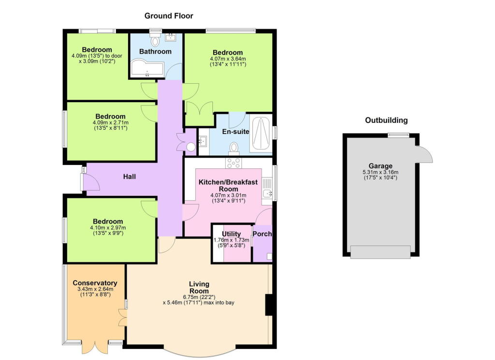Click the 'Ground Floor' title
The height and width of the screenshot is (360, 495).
[x=169, y=15]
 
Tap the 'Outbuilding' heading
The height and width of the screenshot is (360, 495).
[x=386, y=120]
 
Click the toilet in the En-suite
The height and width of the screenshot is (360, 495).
[x=234, y=147]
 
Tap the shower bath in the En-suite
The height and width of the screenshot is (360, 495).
[x=261, y=135]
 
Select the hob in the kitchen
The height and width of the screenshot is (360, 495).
[x=233, y=163]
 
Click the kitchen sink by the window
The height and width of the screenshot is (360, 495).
[x=266, y=194]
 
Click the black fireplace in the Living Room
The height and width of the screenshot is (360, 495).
[x=271, y=304]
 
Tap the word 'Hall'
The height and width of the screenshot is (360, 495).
[x=129, y=177]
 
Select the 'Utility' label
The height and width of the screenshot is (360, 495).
[x=232, y=234]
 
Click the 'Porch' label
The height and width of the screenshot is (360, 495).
[x=263, y=234]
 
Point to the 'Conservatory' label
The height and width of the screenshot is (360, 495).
[x=95, y=283]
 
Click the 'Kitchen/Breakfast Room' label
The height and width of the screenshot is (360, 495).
[x=228, y=185]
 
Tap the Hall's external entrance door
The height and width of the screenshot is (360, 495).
[x=90, y=182]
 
